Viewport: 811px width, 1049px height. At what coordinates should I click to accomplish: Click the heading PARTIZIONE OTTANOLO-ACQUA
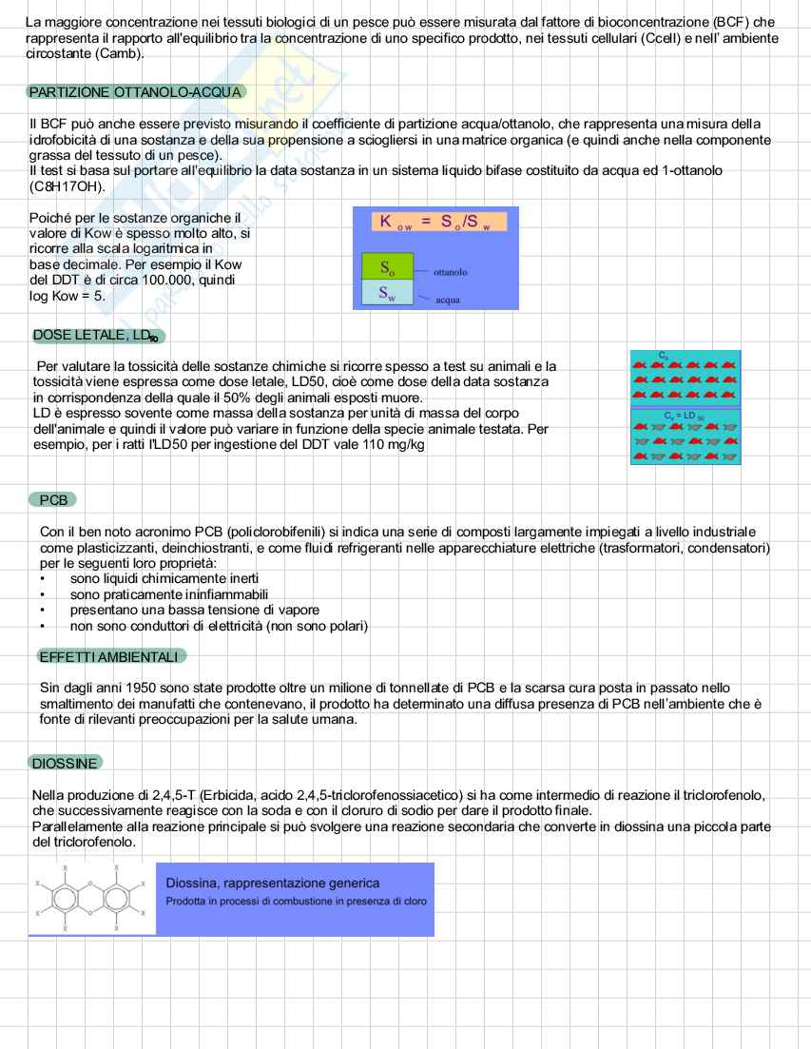(x=135, y=92)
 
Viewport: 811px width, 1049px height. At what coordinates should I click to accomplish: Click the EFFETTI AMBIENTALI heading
(x=108, y=656)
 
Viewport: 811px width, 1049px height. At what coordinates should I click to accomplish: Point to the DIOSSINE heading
(x=65, y=763)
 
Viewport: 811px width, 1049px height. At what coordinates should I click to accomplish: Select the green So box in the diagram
(x=387, y=266)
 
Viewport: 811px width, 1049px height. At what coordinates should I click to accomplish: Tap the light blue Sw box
(x=387, y=293)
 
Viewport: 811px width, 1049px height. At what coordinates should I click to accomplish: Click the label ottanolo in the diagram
(x=450, y=272)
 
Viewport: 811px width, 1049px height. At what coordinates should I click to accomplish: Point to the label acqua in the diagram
(x=447, y=300)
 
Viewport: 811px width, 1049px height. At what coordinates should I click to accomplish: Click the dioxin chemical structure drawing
(x=91, y=899)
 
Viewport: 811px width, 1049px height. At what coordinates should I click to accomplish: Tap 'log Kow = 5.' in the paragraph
(x=67, y=296)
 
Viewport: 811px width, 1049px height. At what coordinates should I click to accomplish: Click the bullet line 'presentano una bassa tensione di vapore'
(x=194, y=610)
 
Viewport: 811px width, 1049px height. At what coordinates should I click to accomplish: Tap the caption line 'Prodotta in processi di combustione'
(x=296, y=902)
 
